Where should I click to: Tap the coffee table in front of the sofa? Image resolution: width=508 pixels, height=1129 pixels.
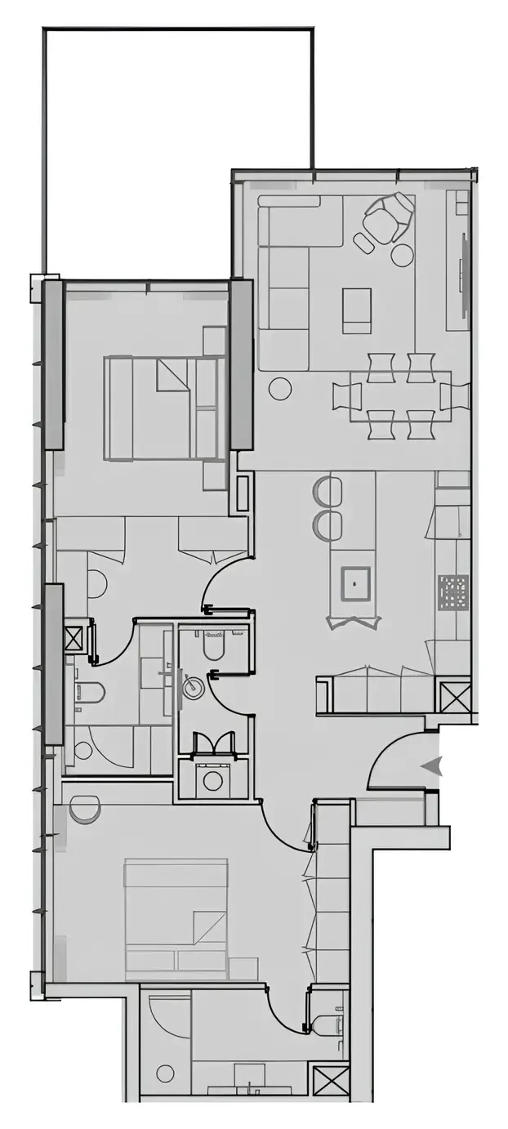[x=356, y=310]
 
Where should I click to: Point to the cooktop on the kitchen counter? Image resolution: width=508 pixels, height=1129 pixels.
[x=452, y=592]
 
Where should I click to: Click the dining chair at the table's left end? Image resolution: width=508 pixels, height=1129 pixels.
[x=341, y=396]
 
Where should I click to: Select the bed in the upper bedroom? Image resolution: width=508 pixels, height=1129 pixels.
[x=164, y=408]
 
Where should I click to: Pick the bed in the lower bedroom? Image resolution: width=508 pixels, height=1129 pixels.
[x=176, y=918]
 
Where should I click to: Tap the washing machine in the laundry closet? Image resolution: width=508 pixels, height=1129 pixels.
[x=213, y=780]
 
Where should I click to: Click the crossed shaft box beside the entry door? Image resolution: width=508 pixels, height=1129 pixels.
[x=455, y=697]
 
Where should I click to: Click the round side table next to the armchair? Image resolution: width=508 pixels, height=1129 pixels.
[x=402, y=255]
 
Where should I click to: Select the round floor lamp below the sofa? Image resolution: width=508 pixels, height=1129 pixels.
[x=280, y=388]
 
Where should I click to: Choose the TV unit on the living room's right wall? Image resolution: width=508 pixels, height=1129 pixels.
[x=464, y=278]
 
